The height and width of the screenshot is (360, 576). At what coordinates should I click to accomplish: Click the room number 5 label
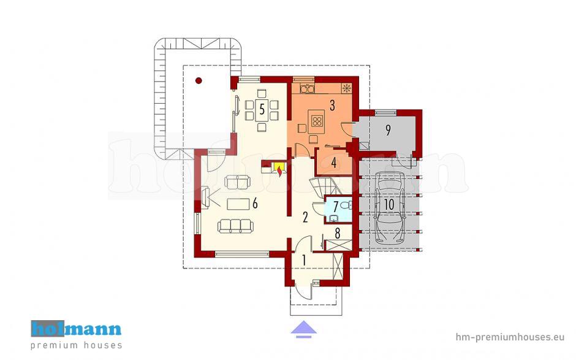[x=262, y=109]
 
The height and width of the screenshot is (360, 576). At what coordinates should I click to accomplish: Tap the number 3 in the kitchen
[x=332, y=105]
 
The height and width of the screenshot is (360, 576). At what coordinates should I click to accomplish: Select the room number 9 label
[x=388, y=130]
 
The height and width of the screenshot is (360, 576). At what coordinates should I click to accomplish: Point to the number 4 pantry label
[x=334, y=162]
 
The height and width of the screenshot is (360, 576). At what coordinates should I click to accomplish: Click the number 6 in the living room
[x=254, y=204]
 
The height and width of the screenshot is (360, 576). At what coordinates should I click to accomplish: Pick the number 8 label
[x=338, y=233]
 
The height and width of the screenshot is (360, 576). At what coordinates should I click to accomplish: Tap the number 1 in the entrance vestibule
[x=304, y=260]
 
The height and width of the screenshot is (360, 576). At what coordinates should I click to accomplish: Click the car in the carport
[x=389, y=208]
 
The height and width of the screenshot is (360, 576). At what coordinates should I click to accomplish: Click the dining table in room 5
[x=262, y=110]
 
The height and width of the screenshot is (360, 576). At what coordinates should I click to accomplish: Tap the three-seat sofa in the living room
[x=235, y=226]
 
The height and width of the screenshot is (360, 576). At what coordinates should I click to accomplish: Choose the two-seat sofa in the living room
[x=237, y=182]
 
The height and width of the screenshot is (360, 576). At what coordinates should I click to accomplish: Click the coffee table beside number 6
[x=238, y=204]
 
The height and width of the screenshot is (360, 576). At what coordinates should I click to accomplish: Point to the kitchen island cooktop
[x=316, y=121]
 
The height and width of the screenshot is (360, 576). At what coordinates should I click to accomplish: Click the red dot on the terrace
[x=199, y=80]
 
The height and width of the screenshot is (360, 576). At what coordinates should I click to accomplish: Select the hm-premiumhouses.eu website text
[x=510, y=337]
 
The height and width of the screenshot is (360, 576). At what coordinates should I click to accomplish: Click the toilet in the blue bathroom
[x=346, y=205]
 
